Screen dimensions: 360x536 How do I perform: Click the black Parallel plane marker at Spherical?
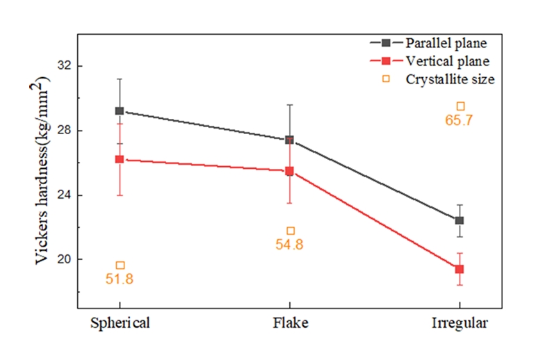(120, 111)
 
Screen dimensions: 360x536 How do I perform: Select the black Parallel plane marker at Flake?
(289, 140)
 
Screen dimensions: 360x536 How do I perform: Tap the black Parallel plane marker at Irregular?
(459, 220)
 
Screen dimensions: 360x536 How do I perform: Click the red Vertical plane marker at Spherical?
(120, 159)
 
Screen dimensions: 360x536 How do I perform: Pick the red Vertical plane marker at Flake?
(289, 171)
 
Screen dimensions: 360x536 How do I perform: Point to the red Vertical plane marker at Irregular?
(459, 269)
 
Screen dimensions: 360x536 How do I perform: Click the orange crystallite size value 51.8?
(120, 279)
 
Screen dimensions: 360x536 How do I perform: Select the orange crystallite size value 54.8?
(290, 245)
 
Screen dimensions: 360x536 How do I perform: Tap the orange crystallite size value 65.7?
(460, 120)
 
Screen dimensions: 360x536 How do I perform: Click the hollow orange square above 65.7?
(460, 106)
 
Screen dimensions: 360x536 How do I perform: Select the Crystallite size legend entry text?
(450, 79)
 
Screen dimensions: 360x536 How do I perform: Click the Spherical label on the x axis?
(120, 323)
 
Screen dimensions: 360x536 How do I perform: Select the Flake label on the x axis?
(290, 323)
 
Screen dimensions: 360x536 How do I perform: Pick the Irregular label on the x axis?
(460, 323)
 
